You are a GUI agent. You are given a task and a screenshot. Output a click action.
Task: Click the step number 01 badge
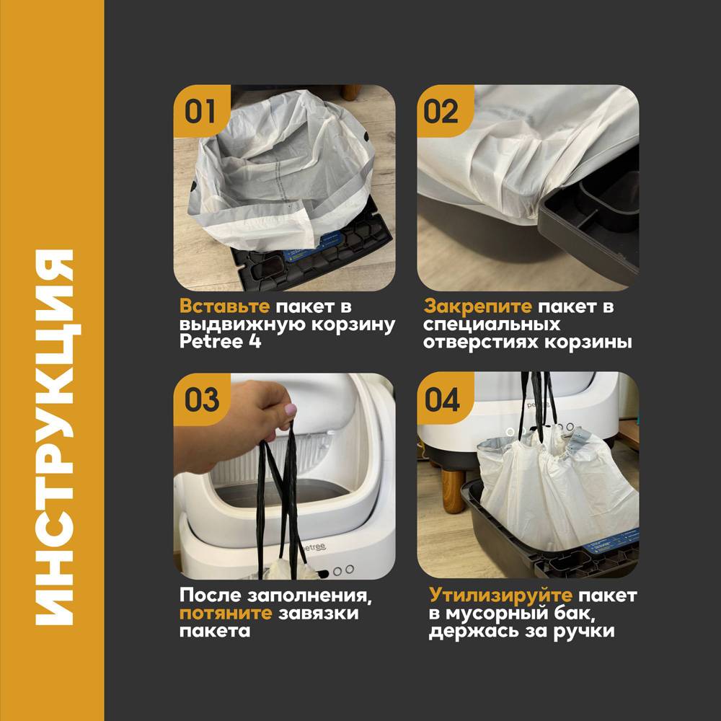(201, 111)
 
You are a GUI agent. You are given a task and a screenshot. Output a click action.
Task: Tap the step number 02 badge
(443, 111)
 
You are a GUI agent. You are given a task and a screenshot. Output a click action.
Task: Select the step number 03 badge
(201, 399)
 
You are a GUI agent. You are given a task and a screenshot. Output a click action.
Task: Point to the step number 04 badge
(443, 399)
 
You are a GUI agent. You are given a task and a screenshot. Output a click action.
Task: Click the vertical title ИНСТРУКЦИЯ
(55, 437)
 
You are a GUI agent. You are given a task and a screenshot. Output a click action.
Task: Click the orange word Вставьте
(224, 306)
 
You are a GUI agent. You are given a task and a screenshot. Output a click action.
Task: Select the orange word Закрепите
(478, 306)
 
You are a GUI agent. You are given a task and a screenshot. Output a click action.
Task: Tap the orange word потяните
(226, 614)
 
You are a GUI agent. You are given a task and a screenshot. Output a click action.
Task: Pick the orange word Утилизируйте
(501, 596)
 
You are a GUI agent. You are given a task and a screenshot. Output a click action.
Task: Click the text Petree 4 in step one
(220, 342)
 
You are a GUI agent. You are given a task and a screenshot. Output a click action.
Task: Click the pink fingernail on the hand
(291, 410)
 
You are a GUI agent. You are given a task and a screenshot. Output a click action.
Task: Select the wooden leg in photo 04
(453, 489)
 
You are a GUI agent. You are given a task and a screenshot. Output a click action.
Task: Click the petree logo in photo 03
(315, 547)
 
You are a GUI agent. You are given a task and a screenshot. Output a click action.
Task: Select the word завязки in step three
(318, 614)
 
